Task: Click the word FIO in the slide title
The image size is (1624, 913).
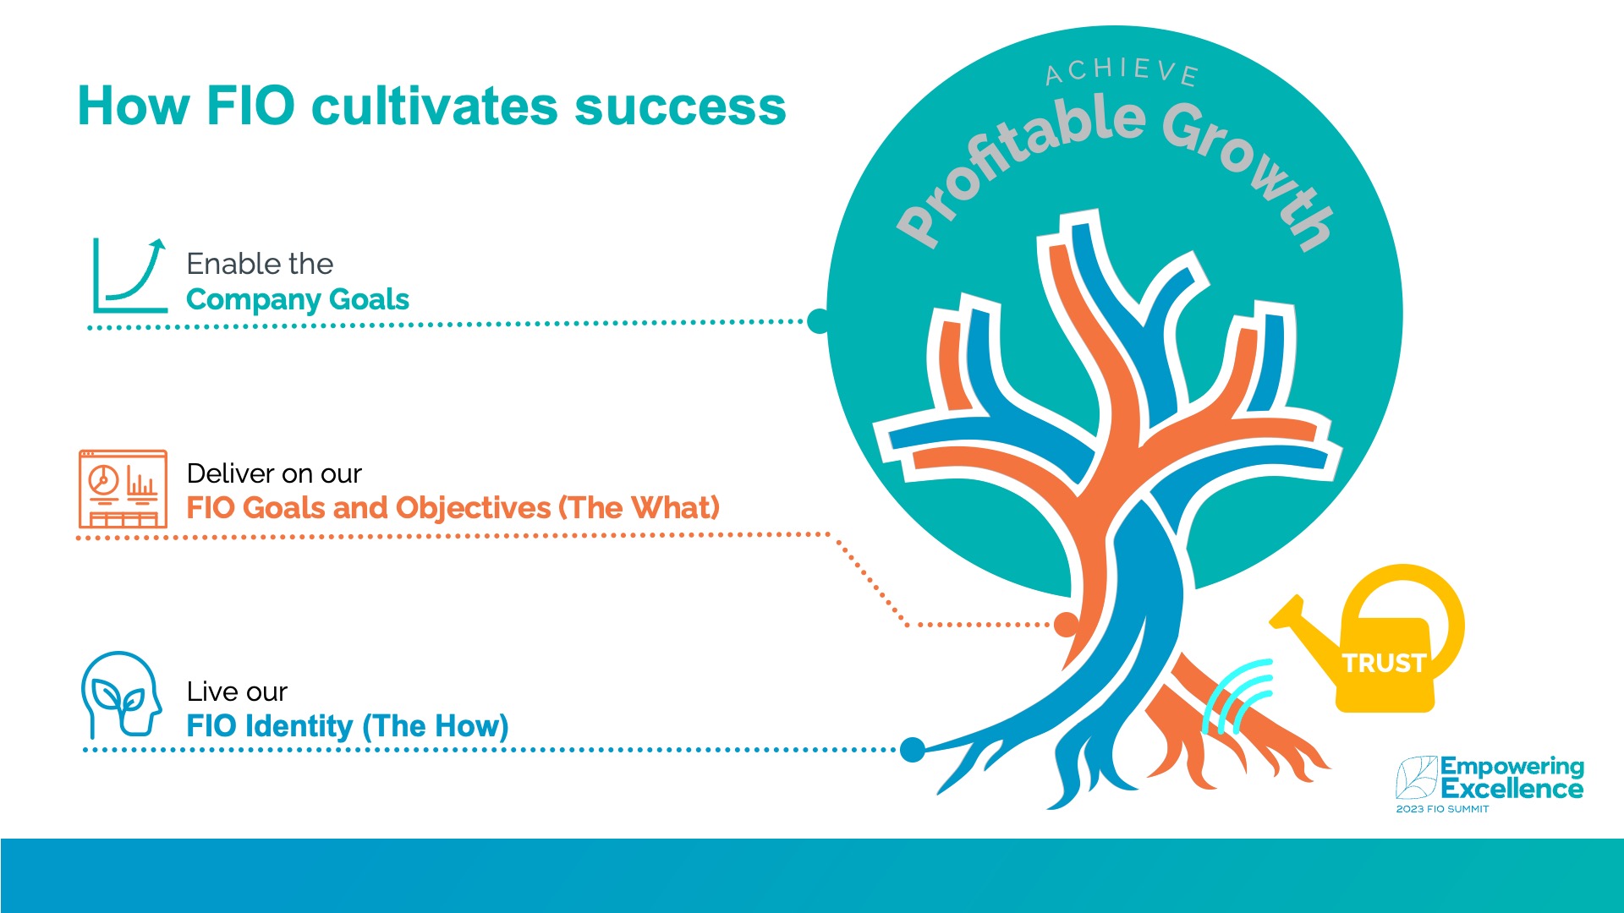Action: click(250, 107)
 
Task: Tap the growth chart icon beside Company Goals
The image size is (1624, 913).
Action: click(129, 275)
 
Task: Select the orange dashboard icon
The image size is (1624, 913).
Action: click(123, 489)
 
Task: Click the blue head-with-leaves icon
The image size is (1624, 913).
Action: click(122, 695)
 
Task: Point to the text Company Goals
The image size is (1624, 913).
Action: click(298, 300)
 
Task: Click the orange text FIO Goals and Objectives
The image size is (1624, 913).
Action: click(369, 508)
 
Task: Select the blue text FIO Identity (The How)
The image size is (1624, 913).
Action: click(348, 726)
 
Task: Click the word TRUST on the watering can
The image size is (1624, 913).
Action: click(1384, 663)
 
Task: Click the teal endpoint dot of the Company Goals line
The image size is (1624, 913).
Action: click(819, 320)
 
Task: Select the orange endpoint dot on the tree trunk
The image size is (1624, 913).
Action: click(1066, 625)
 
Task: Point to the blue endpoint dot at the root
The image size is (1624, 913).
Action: click(913, 749)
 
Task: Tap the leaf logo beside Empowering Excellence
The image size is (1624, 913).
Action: click(1417, 777)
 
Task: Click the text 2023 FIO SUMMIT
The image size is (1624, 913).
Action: click(1442, 809)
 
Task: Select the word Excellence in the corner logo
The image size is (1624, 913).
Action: click(1512, 790)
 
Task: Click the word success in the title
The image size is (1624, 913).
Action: click(680, 107)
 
